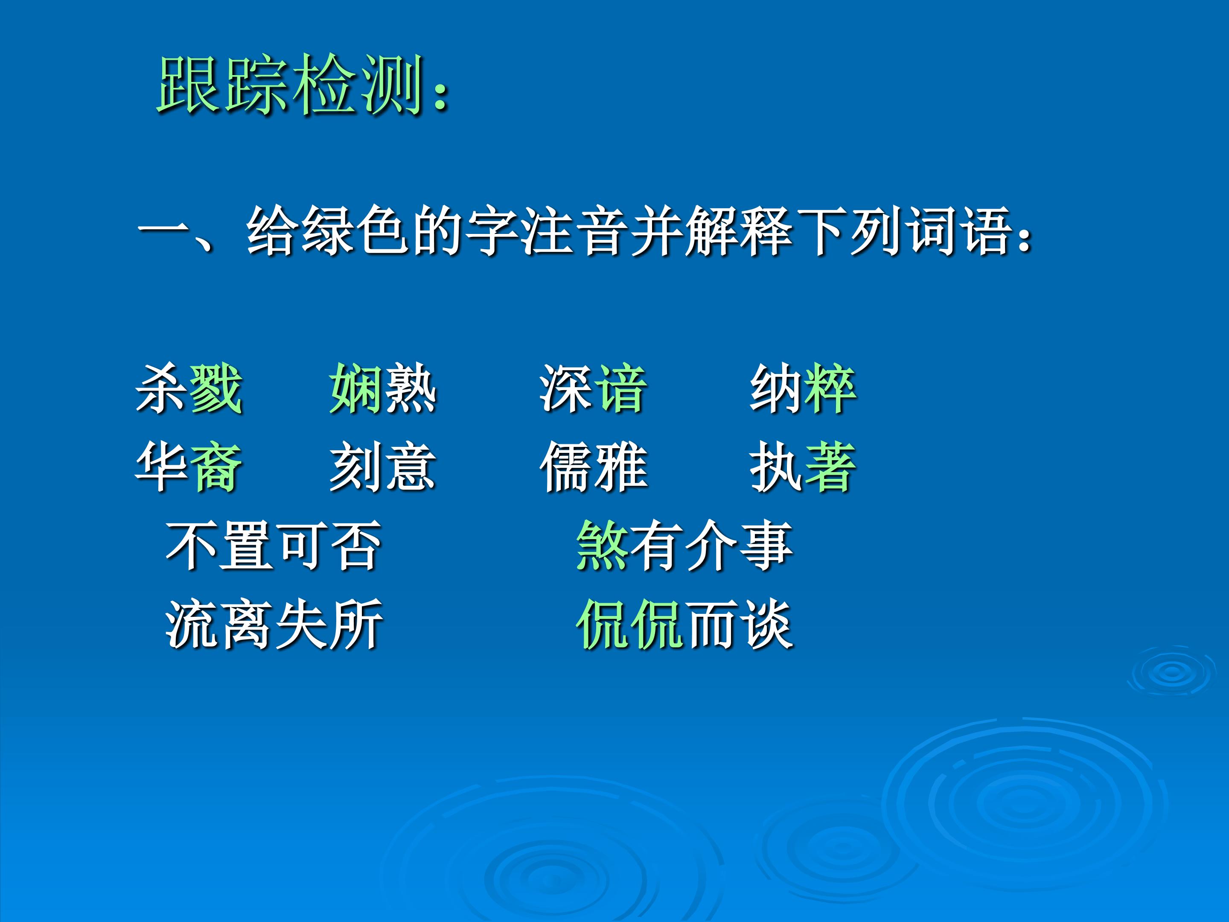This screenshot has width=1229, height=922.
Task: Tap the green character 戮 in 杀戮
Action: [216, 388]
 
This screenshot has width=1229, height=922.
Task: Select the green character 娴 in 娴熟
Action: [355, 388]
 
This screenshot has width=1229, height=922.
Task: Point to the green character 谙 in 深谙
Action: [620, 388]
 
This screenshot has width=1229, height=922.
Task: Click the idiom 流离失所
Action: [274, 624]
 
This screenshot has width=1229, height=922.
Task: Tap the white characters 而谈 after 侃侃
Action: [738, 624]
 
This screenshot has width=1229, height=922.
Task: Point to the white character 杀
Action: [162, 388]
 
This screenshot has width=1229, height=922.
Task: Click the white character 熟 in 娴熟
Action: [410, 388]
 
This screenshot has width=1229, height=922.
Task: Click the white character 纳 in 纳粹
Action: [776, 388]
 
